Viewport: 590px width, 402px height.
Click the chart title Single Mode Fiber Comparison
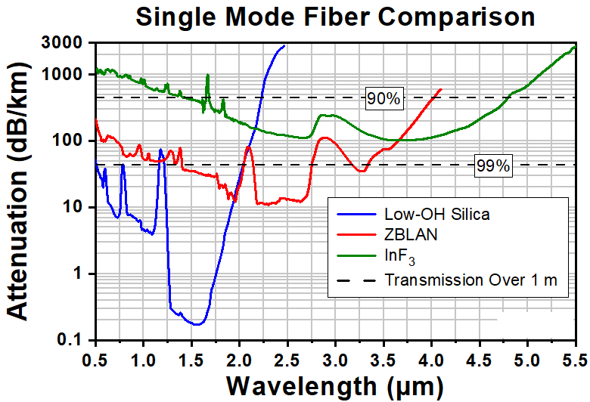[x=335, y=17]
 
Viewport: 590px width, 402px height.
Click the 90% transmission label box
[x=384, y=98]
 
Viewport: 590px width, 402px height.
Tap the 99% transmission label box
[x=493, y=165]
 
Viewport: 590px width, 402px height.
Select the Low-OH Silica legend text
[x=437, y=215]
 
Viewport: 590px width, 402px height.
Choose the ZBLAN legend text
[x=411, y=235]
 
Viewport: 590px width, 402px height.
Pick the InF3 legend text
[x=399, y=256]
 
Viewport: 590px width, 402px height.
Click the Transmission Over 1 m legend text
[x=470, y=280]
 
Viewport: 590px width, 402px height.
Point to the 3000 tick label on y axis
[x=61, y=42]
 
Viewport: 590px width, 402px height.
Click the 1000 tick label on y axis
[x=61, y=74]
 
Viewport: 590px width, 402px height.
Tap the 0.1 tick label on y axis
[x=70, y=340]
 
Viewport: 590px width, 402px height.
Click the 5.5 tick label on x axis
[x=576, y=360]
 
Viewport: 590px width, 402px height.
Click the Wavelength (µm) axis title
[x=335, y=386]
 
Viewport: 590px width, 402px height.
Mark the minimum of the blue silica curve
[x=197, y=324]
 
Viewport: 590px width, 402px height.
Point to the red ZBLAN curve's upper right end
[x=441, y=89]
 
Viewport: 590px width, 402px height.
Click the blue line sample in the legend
[x=356, y=215]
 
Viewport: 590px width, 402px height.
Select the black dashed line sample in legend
[x=356, y=280]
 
